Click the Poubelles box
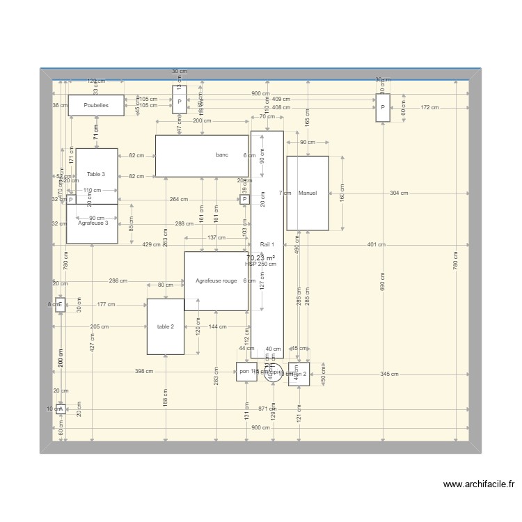tap(96, 105)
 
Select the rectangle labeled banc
tap(201, 155)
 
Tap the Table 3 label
tap(96, 173)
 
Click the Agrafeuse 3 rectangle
tap(93, 224)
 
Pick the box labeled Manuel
tap(307, 193)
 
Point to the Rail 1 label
tap(267, 244)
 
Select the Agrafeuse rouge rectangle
tap(216, 280)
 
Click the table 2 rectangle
tap(165, 326)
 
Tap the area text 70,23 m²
tap(261, 258)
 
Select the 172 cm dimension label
tap(429, 107)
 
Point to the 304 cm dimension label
tap(399, 193)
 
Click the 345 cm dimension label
tap(390, 374)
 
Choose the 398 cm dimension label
tap(144, 372)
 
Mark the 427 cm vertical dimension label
tap(93, 341)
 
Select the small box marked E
tap(60, 305)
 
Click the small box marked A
tap(60, 409)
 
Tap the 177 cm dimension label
tap(106, 305)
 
